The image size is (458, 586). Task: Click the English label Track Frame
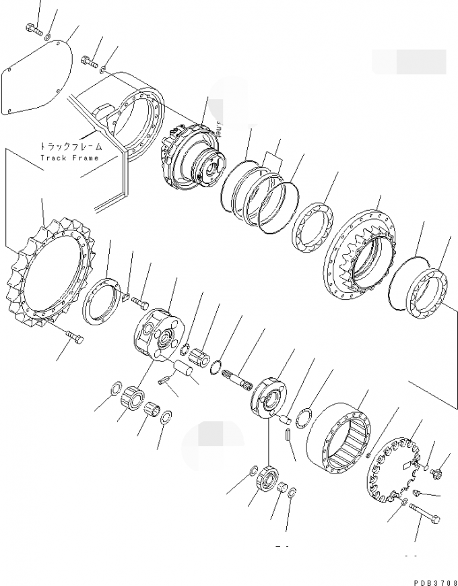click(x=69, y=158)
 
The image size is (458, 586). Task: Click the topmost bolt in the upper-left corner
click(x=32, y=28)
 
